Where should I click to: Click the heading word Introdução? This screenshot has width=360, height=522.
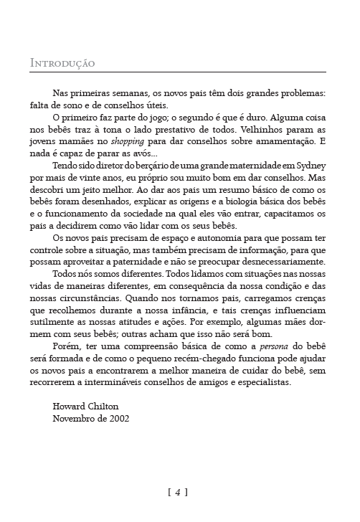coord(62,64)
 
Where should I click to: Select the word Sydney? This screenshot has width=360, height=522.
coord(306,165)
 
